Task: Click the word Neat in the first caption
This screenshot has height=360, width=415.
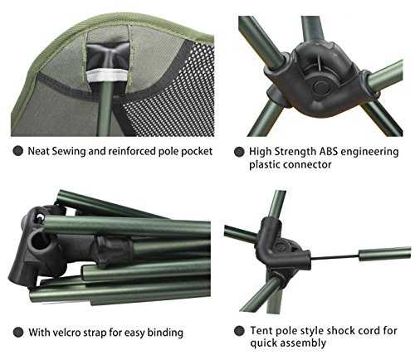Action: coord(38,151)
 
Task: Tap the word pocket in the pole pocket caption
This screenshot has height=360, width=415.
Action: coord(197,152)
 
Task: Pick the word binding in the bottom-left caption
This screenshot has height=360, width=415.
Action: coord(165,333)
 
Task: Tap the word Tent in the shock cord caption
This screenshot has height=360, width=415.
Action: coord(261,330)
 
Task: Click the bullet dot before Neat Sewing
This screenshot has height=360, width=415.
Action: coord(18,151)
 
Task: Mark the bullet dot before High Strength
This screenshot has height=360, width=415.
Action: coord(239,152)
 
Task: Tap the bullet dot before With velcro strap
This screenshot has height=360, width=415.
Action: coord(18,332)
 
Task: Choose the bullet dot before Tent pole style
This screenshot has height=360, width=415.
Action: coord(239,331)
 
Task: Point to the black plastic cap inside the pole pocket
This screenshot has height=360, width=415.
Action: coord(107,55)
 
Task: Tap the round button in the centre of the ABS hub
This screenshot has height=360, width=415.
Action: coord(320,87)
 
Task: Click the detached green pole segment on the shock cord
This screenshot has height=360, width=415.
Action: coord(385,254)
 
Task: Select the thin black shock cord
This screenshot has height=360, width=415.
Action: coord(334,258)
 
